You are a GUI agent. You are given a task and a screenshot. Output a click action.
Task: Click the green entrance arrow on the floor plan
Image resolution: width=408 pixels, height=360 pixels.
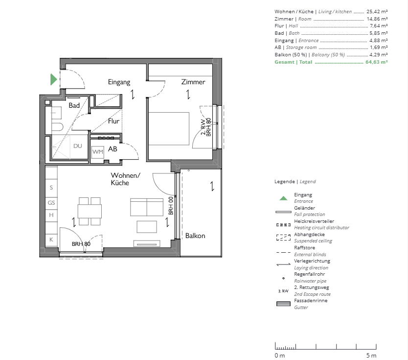54,79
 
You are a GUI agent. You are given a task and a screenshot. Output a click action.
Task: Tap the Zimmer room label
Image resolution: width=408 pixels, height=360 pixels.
193,82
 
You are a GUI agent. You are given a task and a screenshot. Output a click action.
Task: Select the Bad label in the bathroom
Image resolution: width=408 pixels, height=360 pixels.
74,105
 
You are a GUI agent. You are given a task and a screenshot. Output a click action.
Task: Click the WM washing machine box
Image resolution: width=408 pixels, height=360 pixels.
98,152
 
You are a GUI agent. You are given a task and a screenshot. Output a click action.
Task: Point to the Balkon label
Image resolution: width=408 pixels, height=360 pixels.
195,236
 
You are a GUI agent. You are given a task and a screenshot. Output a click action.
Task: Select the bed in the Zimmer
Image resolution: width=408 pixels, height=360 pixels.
169,128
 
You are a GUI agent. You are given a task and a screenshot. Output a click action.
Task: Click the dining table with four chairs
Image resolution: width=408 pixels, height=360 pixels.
90,211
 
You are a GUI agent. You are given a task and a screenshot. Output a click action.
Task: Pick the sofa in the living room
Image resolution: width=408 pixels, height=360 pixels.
147,207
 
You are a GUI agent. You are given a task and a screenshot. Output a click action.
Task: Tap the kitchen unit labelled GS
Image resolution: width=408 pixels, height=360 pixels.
51,202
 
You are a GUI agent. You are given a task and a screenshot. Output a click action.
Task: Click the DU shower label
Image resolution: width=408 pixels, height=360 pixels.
78,146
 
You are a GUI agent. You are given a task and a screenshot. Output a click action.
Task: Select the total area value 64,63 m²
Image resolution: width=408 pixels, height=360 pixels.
377,62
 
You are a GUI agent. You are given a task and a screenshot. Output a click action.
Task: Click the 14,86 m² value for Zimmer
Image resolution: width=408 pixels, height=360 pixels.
377,19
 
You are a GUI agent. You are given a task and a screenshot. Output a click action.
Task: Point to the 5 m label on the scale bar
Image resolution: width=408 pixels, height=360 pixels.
371,355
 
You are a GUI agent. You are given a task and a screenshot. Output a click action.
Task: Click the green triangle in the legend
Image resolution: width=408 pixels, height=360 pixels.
283,198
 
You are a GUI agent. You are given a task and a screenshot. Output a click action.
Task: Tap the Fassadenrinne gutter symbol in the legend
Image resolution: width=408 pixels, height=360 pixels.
283,304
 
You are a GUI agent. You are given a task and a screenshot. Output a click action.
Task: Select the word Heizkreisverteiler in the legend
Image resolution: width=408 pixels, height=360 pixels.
314,221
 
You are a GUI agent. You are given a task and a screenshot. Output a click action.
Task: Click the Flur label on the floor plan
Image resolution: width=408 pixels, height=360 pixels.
113,121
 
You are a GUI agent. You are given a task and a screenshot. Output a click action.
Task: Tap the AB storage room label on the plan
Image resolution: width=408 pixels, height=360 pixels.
113,149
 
